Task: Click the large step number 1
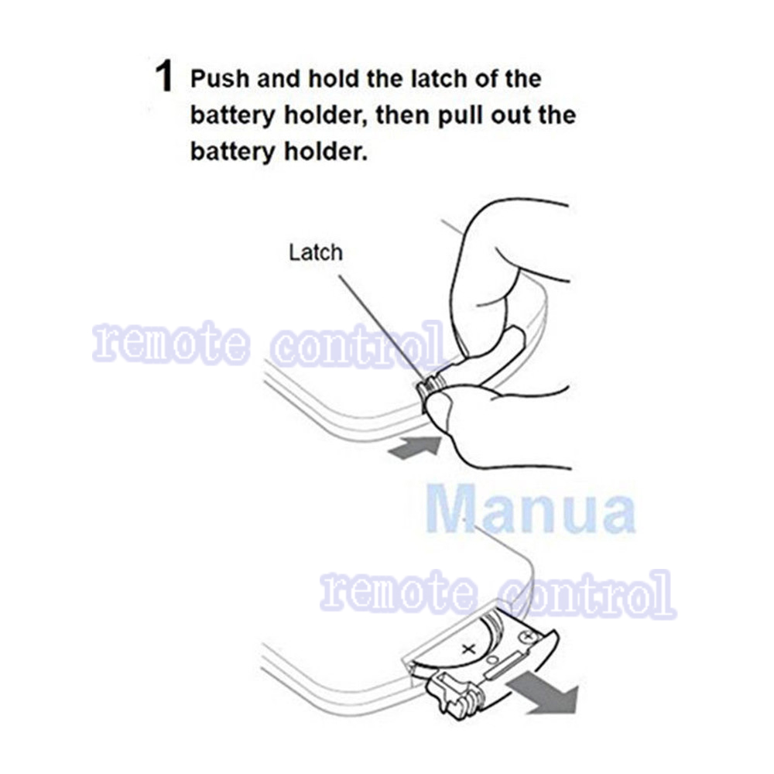click(163, 78)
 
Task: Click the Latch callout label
click(315, 252)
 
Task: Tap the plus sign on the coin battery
click(467, 649)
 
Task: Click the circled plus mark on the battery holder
click(529, 636)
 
